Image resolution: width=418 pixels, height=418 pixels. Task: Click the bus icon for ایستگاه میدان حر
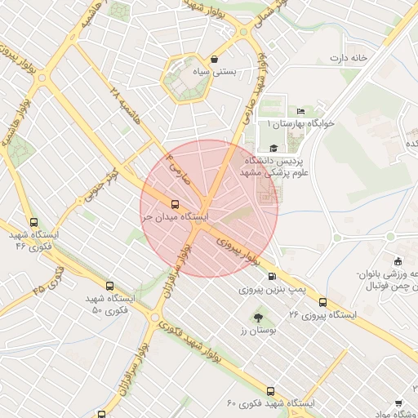pyautogui.click(x=176, y=204)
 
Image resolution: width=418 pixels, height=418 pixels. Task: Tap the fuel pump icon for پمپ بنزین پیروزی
pyautogui.click(x=272, y=276)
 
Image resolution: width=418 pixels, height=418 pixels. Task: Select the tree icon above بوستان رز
pyautogui.click(x=259, y=317)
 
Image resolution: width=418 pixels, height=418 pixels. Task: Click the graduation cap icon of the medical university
pyautogui.click(x=273, y=148)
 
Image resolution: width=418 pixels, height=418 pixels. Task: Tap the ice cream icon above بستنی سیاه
pyautogui.click(x=214, y=60)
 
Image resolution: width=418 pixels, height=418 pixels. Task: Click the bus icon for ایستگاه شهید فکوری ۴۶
pyautogui.click(x=33, y=222)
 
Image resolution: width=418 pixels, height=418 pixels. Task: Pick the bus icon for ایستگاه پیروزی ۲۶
pyautogui.click(x=323, y=301)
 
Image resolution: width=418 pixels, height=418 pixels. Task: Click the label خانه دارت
pyautogui.click(x=349, y=58)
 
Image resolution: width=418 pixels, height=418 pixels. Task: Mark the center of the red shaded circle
pyautogui.click(x=209, y=208)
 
